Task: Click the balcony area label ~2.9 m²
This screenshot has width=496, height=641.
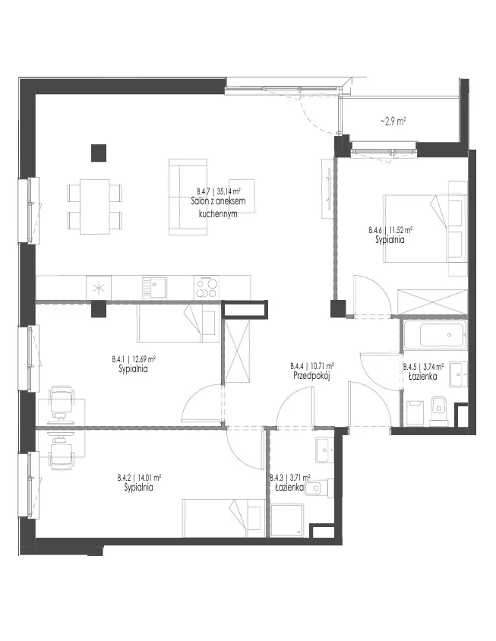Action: click(393, 122)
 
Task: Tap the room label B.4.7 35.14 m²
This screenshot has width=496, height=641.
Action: click(218, 191)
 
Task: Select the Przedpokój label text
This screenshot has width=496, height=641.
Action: click(311, 375)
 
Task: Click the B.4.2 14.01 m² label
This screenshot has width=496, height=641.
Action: click(138, 477)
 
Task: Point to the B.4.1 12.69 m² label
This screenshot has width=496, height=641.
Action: click(134, 359)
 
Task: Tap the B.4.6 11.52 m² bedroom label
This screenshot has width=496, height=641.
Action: click(390, 230)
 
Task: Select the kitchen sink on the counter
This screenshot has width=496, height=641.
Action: click(154, 288)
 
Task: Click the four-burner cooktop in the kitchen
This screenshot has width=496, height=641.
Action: click(206, 288)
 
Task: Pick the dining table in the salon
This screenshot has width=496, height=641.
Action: click(95, 207)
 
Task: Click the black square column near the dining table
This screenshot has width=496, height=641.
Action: click(99, 153)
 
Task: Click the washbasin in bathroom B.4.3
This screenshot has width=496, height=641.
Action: click(325, 450)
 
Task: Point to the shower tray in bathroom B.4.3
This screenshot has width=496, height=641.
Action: click(287, 520)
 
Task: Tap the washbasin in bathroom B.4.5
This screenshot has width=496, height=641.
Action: click(458, 374)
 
